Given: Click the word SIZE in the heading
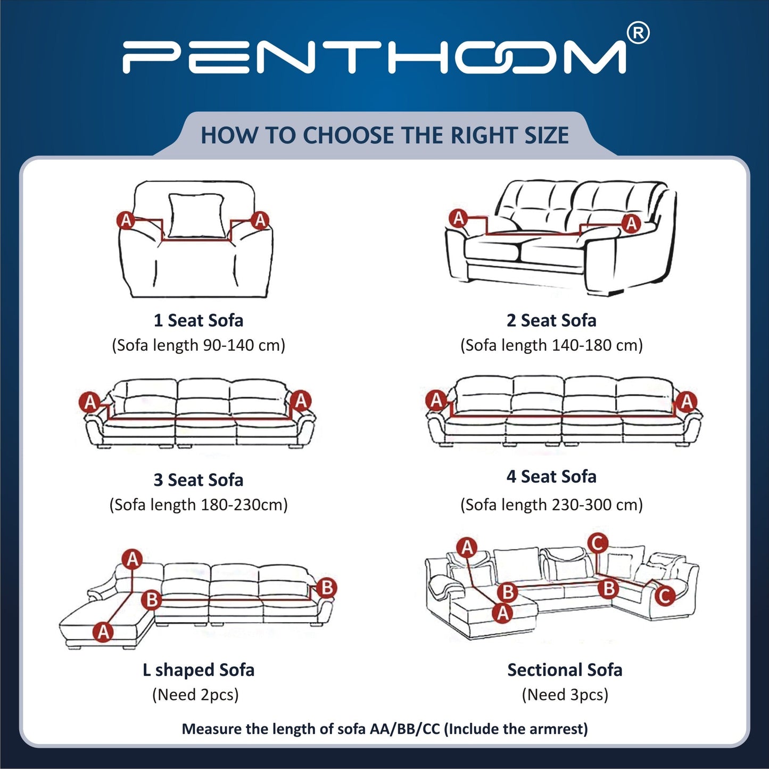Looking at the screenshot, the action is [x=547, y=135].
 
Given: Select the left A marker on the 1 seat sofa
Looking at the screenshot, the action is [x=126, y=220].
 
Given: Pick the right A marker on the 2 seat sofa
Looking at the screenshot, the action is [x=631, y=223].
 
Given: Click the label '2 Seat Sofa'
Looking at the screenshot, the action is [x=551, y=320].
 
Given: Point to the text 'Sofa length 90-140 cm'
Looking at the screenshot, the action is [x=199, y=345].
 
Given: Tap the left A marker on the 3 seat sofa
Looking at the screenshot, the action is [x=90, y=401].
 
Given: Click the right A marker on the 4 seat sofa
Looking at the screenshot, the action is [x=687, y=401].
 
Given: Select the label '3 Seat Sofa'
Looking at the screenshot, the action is [x=199, y=480].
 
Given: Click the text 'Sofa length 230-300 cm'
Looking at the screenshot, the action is [x=551, y=505].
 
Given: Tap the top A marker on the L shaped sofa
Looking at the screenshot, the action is [x=133, y=559].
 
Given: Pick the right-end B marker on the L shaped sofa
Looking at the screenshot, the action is [x=326, y=588].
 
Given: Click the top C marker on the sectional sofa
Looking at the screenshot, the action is [x=598, y=543].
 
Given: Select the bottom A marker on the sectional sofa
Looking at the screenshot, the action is [x=502, y=613].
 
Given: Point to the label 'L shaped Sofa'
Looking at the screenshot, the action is [x=199, y=670].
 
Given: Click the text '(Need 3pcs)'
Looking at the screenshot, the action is [x=565, y=695].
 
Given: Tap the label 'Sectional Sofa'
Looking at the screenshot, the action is [x=565, y=670].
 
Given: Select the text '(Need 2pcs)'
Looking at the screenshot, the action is [x=195, y=695].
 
